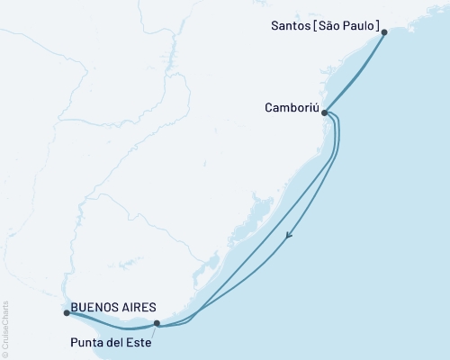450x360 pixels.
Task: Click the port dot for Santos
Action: [x=384, y=32]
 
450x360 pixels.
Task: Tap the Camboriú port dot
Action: [x=324, y=113]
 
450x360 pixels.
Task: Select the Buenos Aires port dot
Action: [x=67, y=313]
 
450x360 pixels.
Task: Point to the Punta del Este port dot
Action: [x=157, y=323]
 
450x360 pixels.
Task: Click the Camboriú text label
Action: [x=292, y=107]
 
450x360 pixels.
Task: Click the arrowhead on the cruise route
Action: [x=289, y=237]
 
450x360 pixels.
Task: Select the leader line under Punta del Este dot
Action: [x=154, y=330]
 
